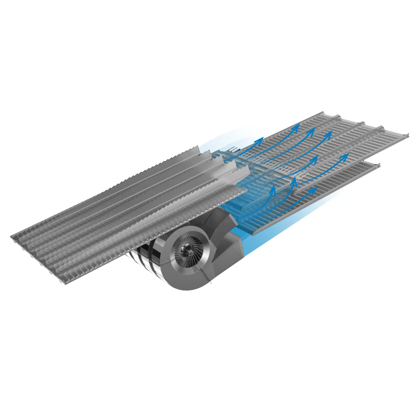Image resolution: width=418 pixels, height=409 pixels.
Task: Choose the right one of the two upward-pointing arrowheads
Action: pyautogui.click(x=294, y=180)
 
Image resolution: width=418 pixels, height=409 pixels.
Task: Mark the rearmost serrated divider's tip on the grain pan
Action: pyautogui.click(x=198, y=147)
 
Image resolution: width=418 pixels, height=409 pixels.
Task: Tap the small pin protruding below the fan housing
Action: pyautogui.click(x=212, y=283)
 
